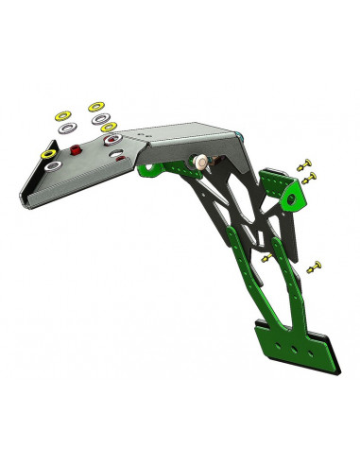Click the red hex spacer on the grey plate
point(77,147)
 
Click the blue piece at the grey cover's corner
point(244,138)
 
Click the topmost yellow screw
point(303,165)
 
